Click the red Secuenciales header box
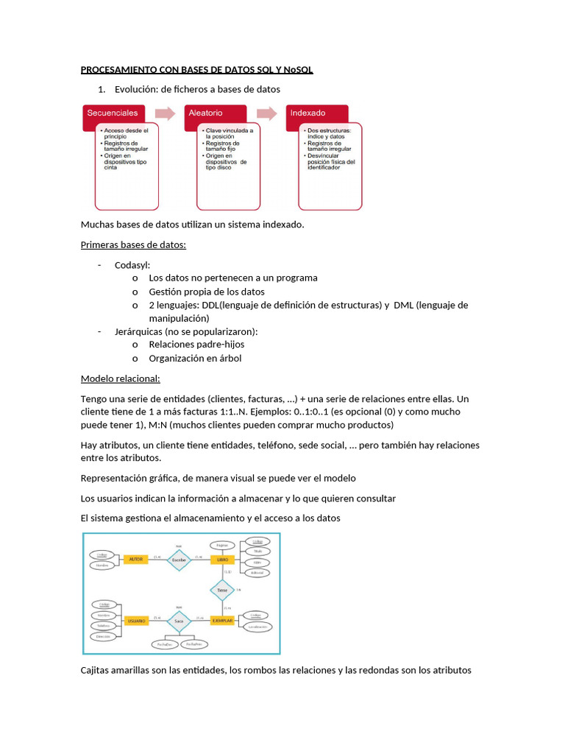(113, 113)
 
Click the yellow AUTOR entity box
(135, 560)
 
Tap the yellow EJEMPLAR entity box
(222, 621)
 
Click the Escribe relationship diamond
(179, 560)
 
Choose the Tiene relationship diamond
(221, 590)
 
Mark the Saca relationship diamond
(179, 621)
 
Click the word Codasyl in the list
(132, 264)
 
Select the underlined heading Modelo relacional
(120, 379)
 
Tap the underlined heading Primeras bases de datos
(133, 244)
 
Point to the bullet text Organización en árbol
(195, 359)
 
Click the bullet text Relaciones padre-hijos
(196, 344)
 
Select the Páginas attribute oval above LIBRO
(221, 545)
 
